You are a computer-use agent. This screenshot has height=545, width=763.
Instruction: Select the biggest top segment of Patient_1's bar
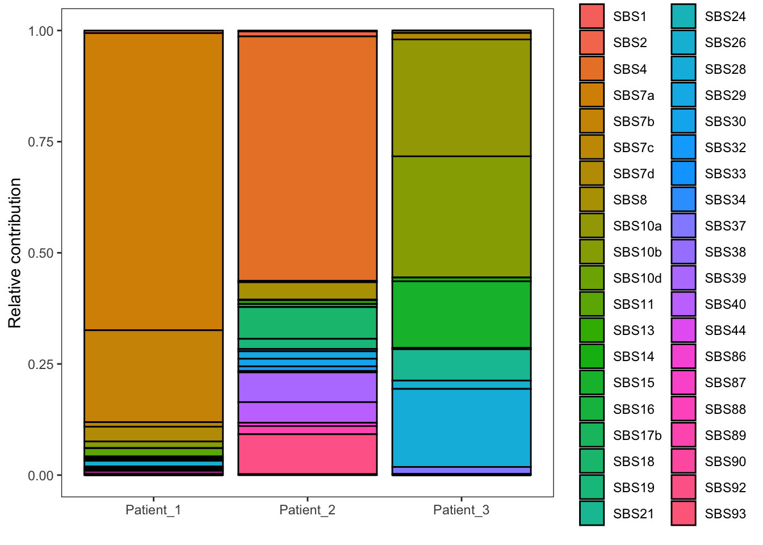pos(153,181)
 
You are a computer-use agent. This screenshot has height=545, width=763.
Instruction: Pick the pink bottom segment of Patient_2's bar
pos(307,454)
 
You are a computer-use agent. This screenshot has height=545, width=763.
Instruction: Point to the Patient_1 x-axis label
pos(153,510)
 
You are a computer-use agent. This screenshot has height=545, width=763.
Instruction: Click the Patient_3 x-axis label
pos(461,510)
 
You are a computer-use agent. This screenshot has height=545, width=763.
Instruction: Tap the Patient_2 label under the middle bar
pos(307,510)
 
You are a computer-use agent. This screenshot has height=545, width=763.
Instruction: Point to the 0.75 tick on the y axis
pos(41,141)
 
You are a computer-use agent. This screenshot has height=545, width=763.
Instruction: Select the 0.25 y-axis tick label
pos(41,364)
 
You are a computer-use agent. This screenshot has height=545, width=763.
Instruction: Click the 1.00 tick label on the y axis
pos(41,31)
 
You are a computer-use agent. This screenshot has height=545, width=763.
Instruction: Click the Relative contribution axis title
pos(15,253)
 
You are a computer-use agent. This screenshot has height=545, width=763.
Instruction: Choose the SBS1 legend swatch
pos(592,16)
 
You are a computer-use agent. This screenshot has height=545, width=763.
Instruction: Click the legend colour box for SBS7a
pos(592,95)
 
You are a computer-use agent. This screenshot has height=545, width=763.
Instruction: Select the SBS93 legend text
pos(725,514)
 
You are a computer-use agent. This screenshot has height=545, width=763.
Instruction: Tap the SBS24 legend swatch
pos(683,16)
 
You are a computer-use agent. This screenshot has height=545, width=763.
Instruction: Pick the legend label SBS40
pos(725,304)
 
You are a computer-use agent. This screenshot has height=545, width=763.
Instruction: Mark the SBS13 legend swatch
pos(592,330)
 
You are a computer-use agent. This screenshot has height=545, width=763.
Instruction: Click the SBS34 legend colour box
pos(683,200)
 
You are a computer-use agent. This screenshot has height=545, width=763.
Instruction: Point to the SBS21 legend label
pos(633,514)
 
